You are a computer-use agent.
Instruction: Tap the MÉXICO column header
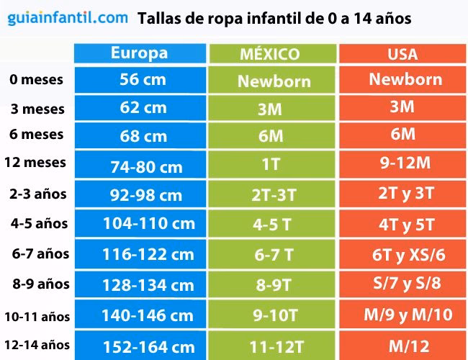click(x=271, y=55)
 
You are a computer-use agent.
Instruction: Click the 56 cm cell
click(x=143, y=79)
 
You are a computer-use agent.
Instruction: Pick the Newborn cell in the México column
click(x=273, y=81)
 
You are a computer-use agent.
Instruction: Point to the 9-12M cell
click(x=404, y=163)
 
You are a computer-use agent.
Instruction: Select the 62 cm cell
click(x=143, y=108)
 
